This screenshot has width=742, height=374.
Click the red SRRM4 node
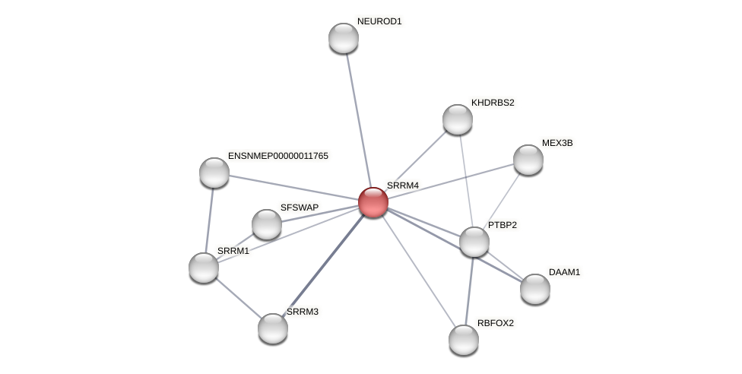click(373, 202)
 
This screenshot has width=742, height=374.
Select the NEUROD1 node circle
click(344, 38)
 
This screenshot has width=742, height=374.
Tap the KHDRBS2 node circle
click(458, 119)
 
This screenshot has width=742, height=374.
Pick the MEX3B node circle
click(528, 160)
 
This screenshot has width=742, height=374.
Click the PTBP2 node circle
click(474, 242)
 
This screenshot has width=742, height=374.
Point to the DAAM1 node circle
click(535, 289)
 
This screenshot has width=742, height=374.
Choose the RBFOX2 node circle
click(464, 340)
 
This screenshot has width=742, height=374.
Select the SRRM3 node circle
click(273, 328)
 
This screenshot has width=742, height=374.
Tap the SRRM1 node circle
click(204, 268)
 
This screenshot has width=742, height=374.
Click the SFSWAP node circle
click(267, 224)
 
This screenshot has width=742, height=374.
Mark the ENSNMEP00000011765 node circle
click(214, 173)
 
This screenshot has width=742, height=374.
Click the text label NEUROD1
click(379, 21)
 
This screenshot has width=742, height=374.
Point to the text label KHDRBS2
click(493, 103)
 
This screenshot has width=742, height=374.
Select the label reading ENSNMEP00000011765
click(278, 156)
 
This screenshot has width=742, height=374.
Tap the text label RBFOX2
click(496, 323)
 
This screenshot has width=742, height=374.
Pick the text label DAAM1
click(564, 272)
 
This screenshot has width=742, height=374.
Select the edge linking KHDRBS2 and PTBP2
click(466, 181)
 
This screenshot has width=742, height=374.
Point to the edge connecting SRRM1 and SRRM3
click(238, 298)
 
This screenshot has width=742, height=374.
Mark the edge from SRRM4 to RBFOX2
click(418, 271)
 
